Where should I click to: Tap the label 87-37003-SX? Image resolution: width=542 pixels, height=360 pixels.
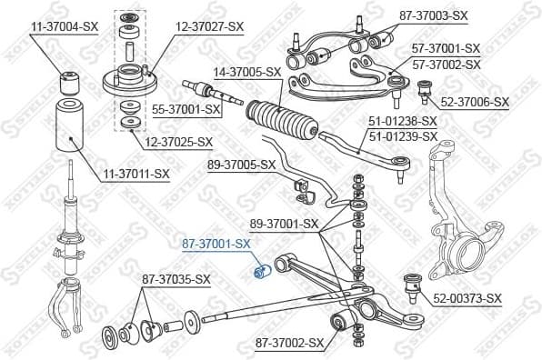[433, 15]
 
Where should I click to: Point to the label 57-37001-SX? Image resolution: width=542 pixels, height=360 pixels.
[447, 47]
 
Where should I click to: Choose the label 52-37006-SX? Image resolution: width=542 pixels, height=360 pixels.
[475, 102]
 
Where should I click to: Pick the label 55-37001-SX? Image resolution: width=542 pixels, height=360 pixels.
[187, 109]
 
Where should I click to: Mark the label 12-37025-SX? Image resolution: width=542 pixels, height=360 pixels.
[178, 142]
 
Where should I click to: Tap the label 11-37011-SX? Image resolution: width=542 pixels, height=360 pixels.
[135, 173]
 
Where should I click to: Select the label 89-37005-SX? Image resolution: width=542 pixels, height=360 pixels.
[241, 165]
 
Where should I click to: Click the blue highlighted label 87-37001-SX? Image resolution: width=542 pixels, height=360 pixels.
[216, 245]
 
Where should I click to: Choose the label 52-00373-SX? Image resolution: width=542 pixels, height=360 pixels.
[467, 298]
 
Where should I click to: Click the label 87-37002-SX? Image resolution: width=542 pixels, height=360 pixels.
[289, 343]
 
